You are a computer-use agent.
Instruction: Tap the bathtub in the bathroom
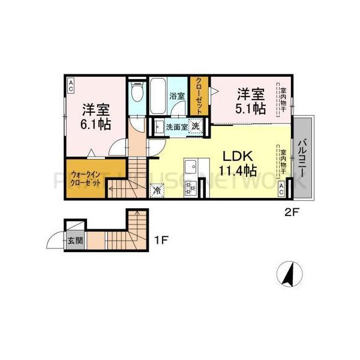(x=157, y=95)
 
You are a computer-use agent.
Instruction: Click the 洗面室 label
(x=176, y=127)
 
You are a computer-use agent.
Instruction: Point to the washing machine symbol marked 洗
(x=196, y=126)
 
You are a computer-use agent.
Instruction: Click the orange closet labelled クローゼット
(x=199, y=95)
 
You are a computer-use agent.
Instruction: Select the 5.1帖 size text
(x=250, y=109)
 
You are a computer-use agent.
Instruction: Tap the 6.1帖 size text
(x=96, y=124)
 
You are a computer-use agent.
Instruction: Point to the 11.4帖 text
(x=238, y=170)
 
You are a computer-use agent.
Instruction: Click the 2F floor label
(x=292, y=211)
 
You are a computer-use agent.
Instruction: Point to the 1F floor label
(x=161, y=241)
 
